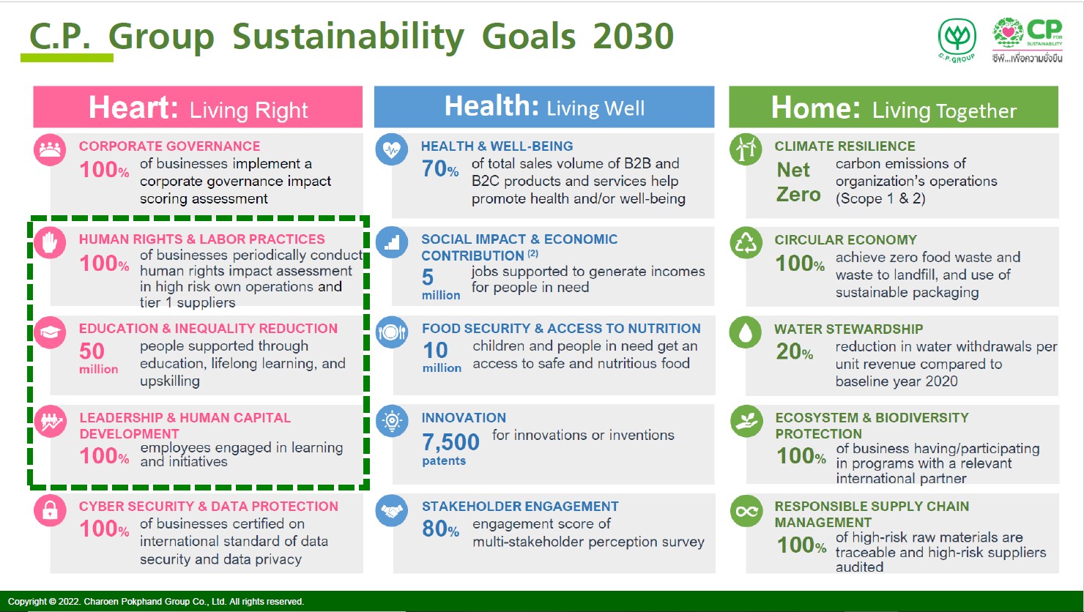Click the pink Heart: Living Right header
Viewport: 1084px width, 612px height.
tap(198, 107)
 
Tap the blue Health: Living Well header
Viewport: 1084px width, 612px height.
tap(544, 107)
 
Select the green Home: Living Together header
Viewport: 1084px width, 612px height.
tap(894, 107)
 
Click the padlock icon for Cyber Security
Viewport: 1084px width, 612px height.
tap(50, 510)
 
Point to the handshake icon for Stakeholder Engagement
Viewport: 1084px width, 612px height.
tap(392, 510)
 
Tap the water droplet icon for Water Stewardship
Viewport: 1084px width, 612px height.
tap(746, 332)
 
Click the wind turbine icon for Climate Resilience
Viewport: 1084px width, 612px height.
tap(746, 149)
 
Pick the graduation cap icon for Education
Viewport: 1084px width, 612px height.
tap(50, 332)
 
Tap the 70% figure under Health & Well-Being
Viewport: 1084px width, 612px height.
tap(440, 169)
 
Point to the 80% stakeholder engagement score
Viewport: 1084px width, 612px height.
tap(440, 529)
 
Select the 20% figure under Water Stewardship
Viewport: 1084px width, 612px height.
tap(794, 351)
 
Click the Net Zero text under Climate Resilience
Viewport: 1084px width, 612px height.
tap(798, 182)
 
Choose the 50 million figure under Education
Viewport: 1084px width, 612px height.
tap(98, 358)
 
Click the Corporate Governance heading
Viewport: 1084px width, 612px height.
tap(169, 146)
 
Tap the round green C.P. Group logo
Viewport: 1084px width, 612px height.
tap(957, 40)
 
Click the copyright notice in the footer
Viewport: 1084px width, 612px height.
tap(156, 601)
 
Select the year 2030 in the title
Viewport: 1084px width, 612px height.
tap(633, 37)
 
